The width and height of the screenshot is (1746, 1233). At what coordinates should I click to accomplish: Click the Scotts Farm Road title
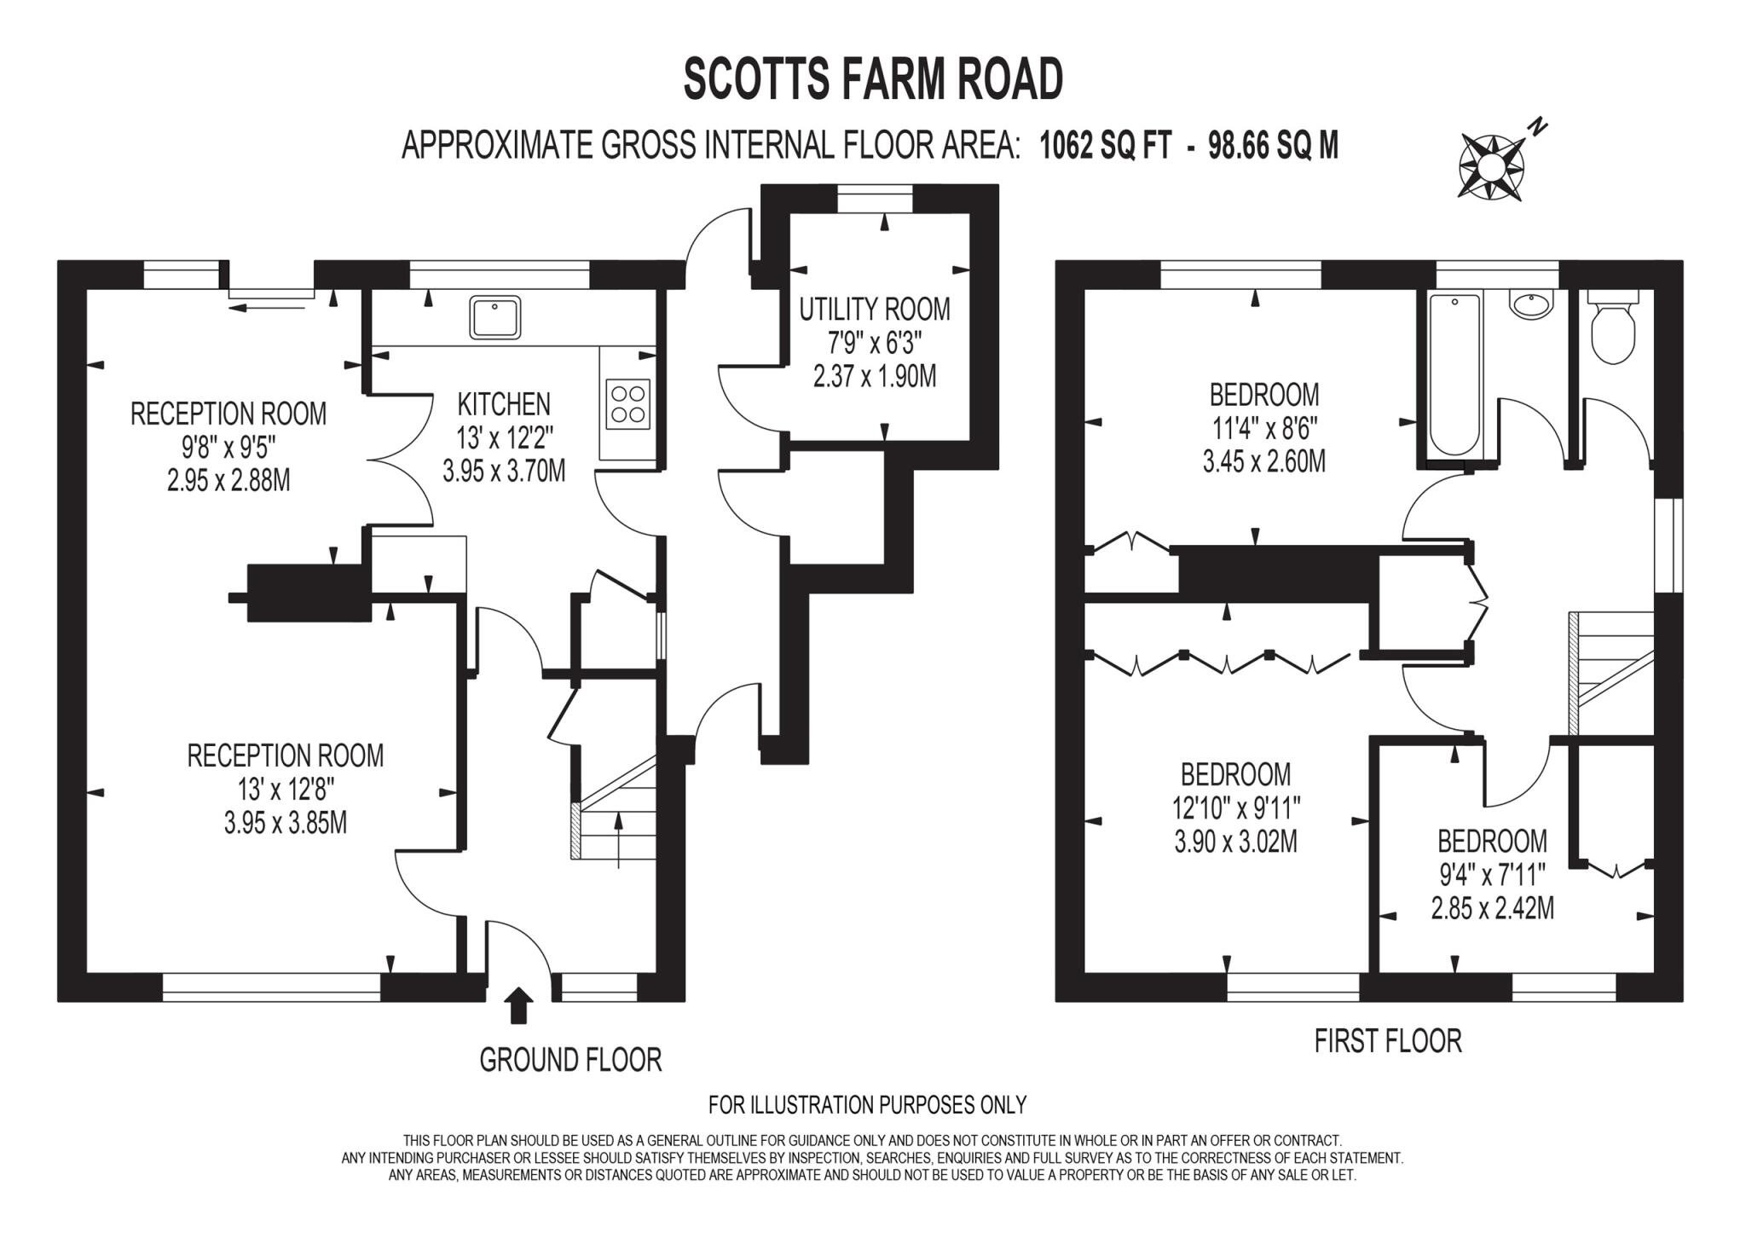click(x=873, y=79)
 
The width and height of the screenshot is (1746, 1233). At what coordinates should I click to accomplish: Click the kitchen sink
click(x=494, y=317)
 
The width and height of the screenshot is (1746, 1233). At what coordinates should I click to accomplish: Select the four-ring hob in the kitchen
click(x=628, y=404)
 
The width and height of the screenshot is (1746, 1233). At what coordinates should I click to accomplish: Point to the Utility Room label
click(x=874, y=309)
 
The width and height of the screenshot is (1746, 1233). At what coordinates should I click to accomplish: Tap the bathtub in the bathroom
click(x=1450, y=373)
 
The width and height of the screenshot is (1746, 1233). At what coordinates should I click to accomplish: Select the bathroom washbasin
click(x=1532, y=304)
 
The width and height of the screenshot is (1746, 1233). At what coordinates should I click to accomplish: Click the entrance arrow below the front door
click(x=519, y=1006)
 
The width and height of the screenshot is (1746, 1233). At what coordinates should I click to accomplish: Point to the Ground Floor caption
click(x=570, y=1060)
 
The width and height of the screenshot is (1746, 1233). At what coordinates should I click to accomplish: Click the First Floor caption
click(x=1388, y=1041)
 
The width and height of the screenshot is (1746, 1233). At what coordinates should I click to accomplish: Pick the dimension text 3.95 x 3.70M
click(x=504, y=471)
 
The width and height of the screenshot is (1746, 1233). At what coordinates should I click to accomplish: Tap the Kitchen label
click(x=504, y=403)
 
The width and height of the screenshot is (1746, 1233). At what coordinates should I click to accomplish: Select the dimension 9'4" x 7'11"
click(x=1492, y=875)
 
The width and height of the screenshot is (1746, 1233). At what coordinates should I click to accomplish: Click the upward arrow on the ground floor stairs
click(x=618, y=839)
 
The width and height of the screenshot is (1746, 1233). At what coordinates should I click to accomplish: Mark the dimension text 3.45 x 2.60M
click(x=1263, y=462)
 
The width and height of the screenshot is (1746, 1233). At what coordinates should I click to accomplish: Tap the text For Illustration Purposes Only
click(x=867, y=1105)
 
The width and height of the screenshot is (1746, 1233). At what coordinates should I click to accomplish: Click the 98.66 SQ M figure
click(x=1273, y=147)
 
